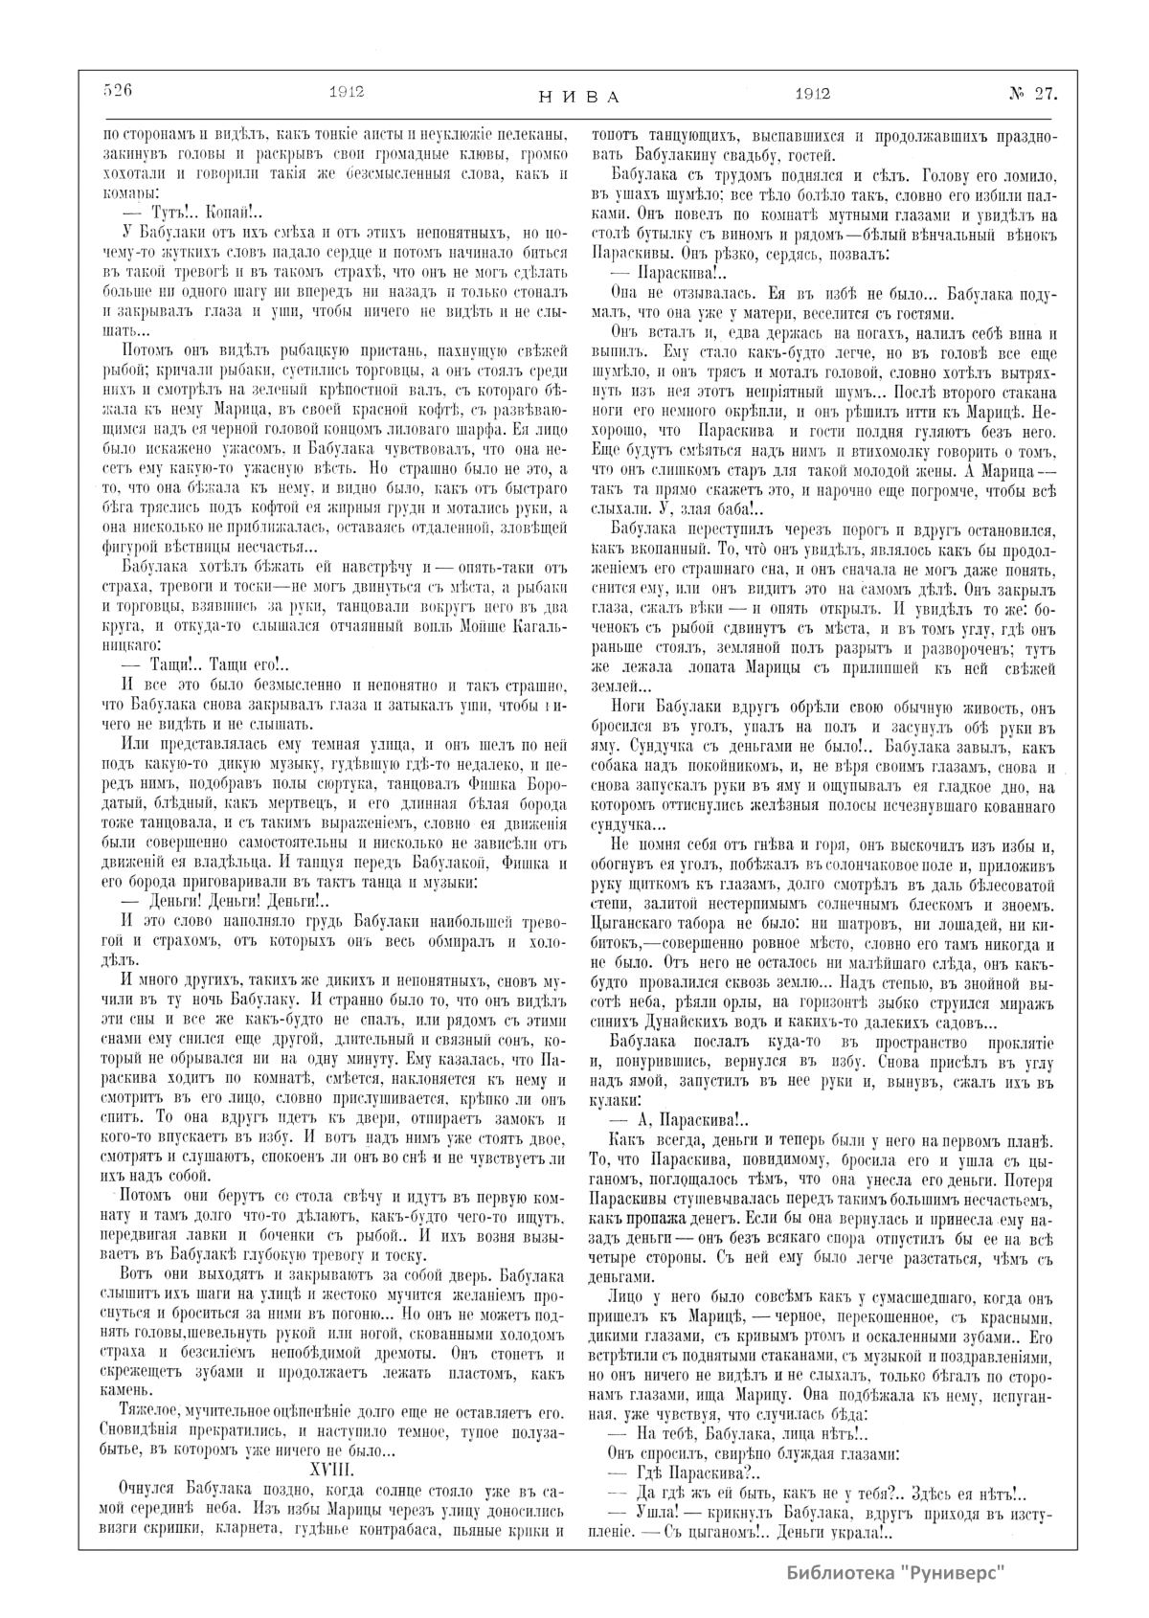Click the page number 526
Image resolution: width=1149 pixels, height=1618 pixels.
tap(117, 93)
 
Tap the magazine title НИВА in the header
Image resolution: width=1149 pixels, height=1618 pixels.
tap(574, 97)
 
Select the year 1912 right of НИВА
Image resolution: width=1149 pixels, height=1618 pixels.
tap(811, 94)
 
